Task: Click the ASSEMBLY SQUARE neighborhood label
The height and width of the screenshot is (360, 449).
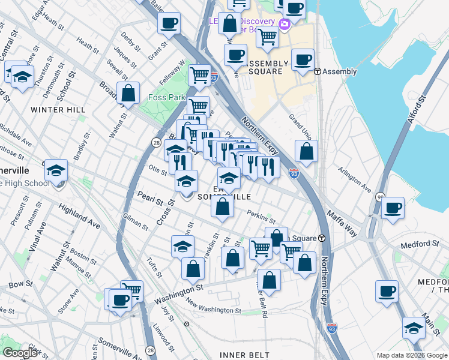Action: click(256, 67)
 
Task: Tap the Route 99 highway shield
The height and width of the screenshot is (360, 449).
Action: click(380, 197)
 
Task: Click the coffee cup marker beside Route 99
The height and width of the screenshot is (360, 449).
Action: click(393, 208)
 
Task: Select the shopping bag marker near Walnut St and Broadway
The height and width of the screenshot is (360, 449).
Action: click(128, 93)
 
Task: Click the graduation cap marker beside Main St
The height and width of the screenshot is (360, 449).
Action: click(414, 328)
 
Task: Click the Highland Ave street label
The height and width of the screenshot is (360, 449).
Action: click(79, 216)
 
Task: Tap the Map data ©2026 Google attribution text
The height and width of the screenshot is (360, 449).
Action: click(412, 355)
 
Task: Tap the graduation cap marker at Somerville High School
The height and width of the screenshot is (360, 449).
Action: click(56, 171)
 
